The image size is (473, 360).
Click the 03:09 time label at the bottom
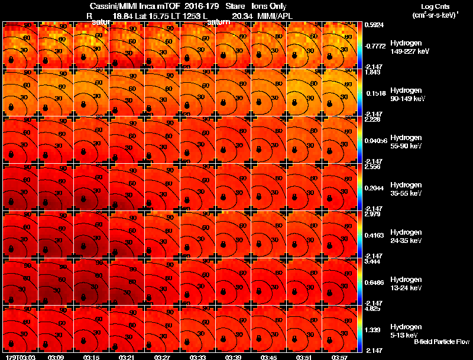[56, 357]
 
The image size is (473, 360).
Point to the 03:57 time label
[340, 357]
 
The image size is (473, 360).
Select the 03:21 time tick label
[127, 357]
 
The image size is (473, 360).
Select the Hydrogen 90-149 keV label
[406, 95]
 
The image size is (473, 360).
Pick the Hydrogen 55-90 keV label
[406, 142]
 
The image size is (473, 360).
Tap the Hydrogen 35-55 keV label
[406, 189]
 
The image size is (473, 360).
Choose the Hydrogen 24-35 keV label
[406, 236]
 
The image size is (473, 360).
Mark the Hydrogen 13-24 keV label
[406, 284]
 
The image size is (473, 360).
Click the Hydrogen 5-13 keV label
[406, 331]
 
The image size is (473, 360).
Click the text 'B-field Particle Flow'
[441, 342]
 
